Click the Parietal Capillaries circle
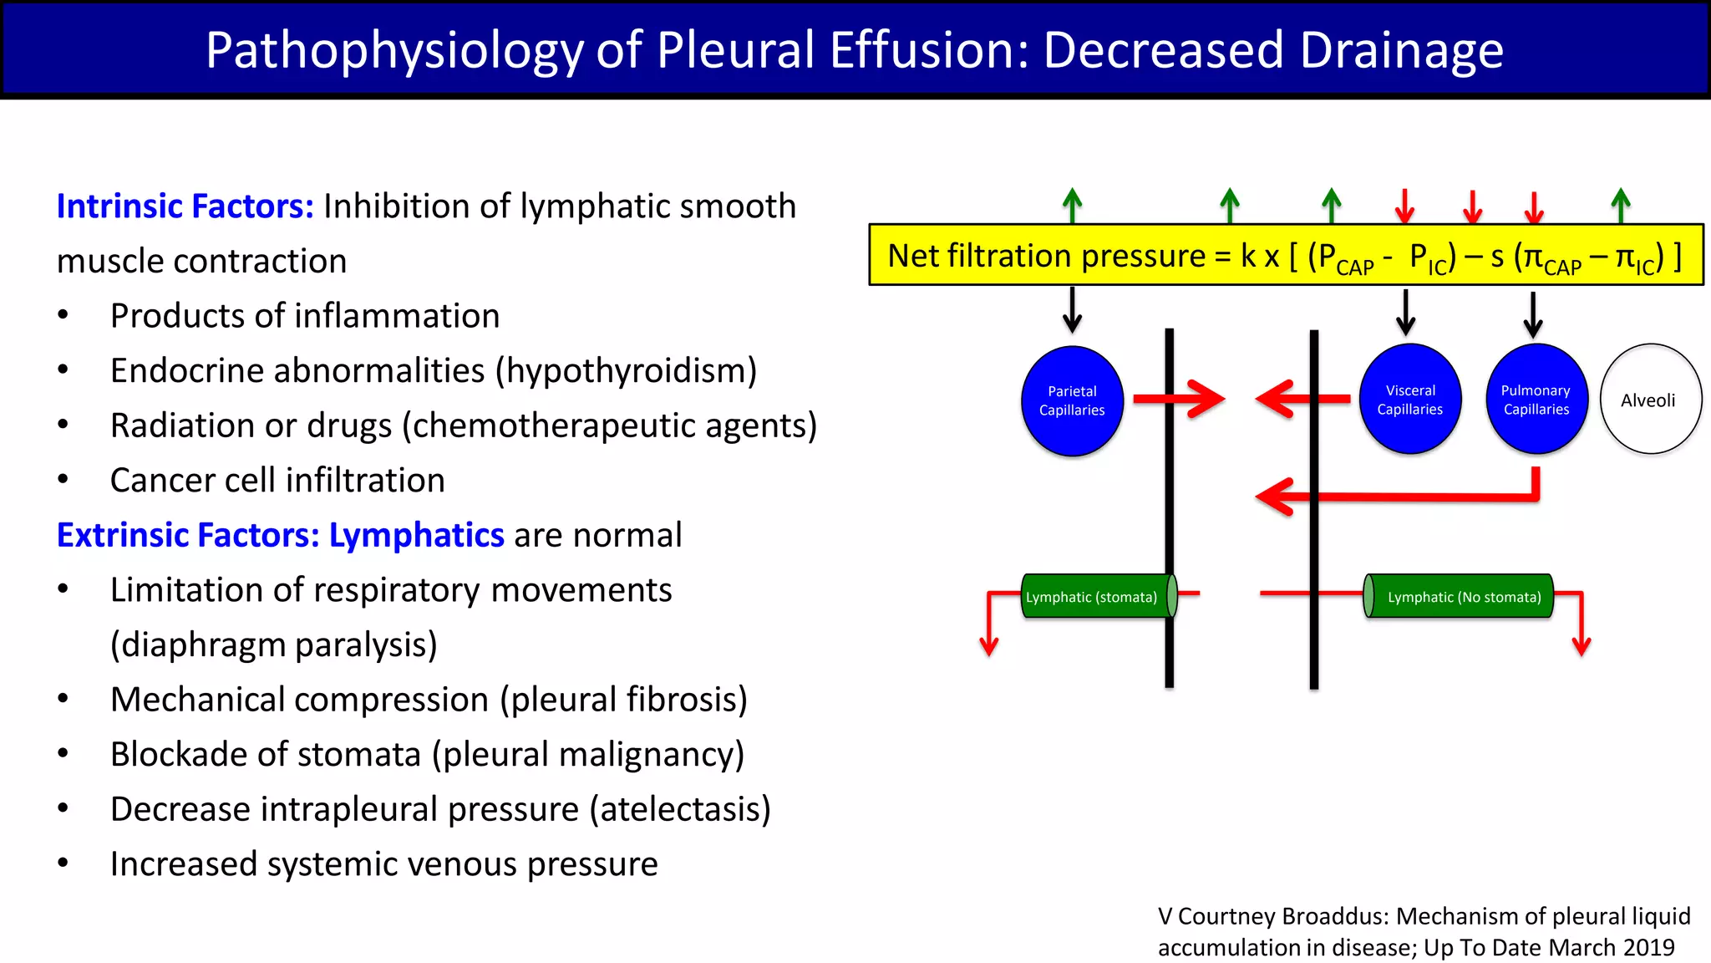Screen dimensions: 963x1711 [1072, 400]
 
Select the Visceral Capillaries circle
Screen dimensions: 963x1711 [1410, 400]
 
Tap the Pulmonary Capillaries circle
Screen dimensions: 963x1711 [1536, 400]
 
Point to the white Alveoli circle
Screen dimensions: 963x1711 [1650, 400]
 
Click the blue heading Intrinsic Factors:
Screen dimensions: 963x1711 [185, 206]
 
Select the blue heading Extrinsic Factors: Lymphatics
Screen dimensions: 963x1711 [280, 535]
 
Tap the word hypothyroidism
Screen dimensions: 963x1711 [626, 371]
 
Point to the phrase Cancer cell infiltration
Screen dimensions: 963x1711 [277, 481]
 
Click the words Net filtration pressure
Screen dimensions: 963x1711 [1046, 256]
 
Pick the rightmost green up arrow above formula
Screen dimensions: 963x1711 [1621, 206]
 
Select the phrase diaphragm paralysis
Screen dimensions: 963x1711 [274, 645]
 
